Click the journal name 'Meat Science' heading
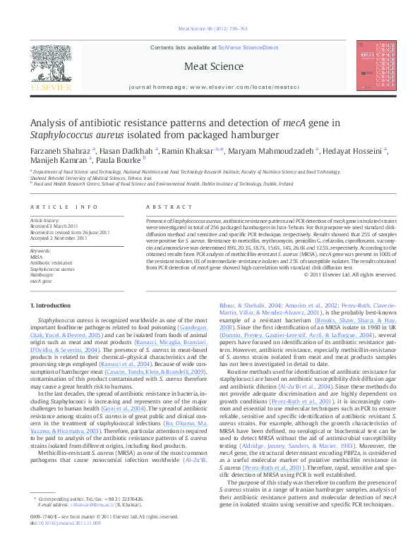pos(209,66)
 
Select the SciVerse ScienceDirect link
pos(247,47)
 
